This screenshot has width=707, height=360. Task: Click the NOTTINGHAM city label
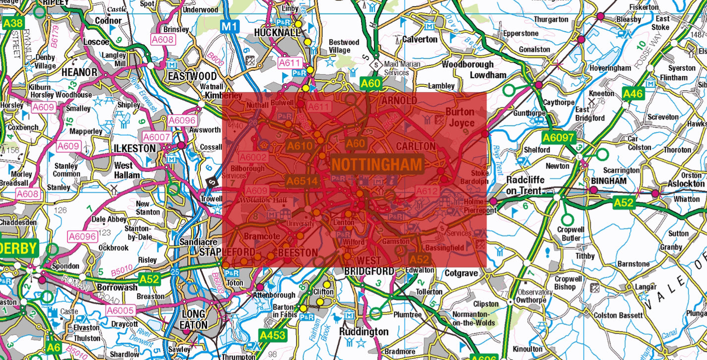tap(377, 165)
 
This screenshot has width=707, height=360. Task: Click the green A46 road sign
tap(633, 94)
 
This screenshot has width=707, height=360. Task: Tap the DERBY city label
tap(18, 248)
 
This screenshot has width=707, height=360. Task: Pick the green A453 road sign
tap(273, 335)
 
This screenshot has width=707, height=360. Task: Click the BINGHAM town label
tap(609, 181)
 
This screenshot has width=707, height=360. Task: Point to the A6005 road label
tap(120, 310)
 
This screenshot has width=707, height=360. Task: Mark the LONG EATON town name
tap(193, 319)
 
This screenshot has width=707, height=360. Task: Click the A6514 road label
tap(301, 181)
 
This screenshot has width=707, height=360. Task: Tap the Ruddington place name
tap(364, 331)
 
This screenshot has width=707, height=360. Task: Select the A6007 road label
tap(157, 137)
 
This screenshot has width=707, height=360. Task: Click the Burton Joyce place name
tap(460, 118)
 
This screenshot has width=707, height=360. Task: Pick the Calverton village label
tap(420, 39)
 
